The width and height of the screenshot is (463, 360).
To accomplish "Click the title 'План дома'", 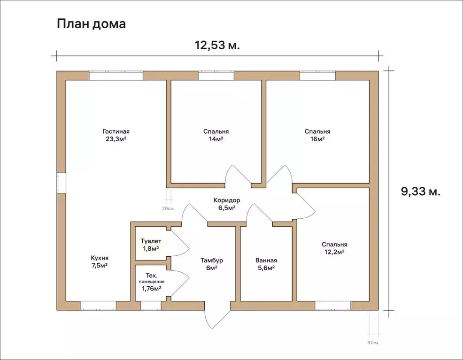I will pyautogui.click(x=91, y=24).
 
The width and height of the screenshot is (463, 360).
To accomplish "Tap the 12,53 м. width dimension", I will pyautogui.click(x=217, y=45).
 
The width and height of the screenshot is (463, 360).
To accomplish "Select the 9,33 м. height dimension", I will pyautogui.click(x=420, y=191).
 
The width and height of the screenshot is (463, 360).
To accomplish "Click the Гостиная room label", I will pyautogui.click(x=116, y=131).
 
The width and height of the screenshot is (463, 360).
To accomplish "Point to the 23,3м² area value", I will pyautogui.click(x=116, y=139).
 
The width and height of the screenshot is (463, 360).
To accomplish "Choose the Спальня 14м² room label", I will pyautogui.click(x=216, y=135).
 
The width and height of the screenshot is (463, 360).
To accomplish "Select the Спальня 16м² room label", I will pyautogui.click(x=317, y=135).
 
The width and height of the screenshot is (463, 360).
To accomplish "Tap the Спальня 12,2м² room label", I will pyautogui.click(x=334, y=248).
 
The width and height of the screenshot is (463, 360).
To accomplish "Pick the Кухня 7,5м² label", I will pyautogui.click(x=100, y=261).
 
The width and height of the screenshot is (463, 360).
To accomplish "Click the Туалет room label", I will pyautogui.click(x=151, y=241).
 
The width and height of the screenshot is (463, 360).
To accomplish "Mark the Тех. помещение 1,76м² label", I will pyautogui.click(x=151, y=282).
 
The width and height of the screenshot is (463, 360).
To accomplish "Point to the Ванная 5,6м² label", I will pyautogui.click(x=266, y=264).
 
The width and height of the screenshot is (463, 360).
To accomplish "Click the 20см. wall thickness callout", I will pyautogui.click(x=168, y=208).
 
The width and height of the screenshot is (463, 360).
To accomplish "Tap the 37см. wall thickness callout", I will pyautogui.click(x=373, y=343).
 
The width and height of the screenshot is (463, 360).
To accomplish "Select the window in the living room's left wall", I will pyautogui.click(x=61, y=183).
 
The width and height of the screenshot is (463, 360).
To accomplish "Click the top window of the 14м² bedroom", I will pyautogui.click(x=216, y=76).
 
